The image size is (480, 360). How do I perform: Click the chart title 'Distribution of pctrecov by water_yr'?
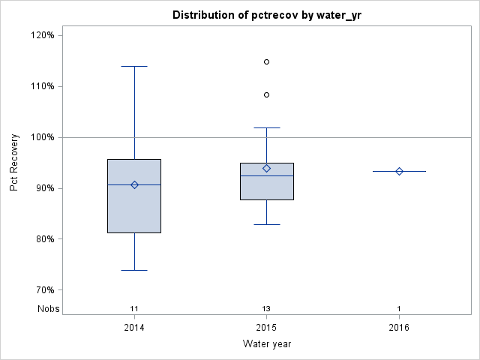point(266,15)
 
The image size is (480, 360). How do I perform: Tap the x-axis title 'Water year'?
point(266,343)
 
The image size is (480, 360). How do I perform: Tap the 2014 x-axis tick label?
point(134,328)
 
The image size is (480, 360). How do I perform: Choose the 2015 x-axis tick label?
point(266,328)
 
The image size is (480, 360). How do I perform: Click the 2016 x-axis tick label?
point(399,328)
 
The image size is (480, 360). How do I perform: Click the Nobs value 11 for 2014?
point(134,309)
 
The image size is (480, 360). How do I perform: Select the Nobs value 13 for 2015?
point(266,309)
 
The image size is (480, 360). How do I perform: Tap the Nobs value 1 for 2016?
point(399,309)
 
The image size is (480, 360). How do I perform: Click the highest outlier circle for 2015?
point(266,61)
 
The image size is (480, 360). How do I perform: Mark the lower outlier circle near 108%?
point(266,94)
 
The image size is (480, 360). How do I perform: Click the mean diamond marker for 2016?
point(399,171)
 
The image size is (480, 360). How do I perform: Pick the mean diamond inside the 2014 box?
point(134,184)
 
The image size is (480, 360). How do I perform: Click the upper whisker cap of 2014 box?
point(134,66)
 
